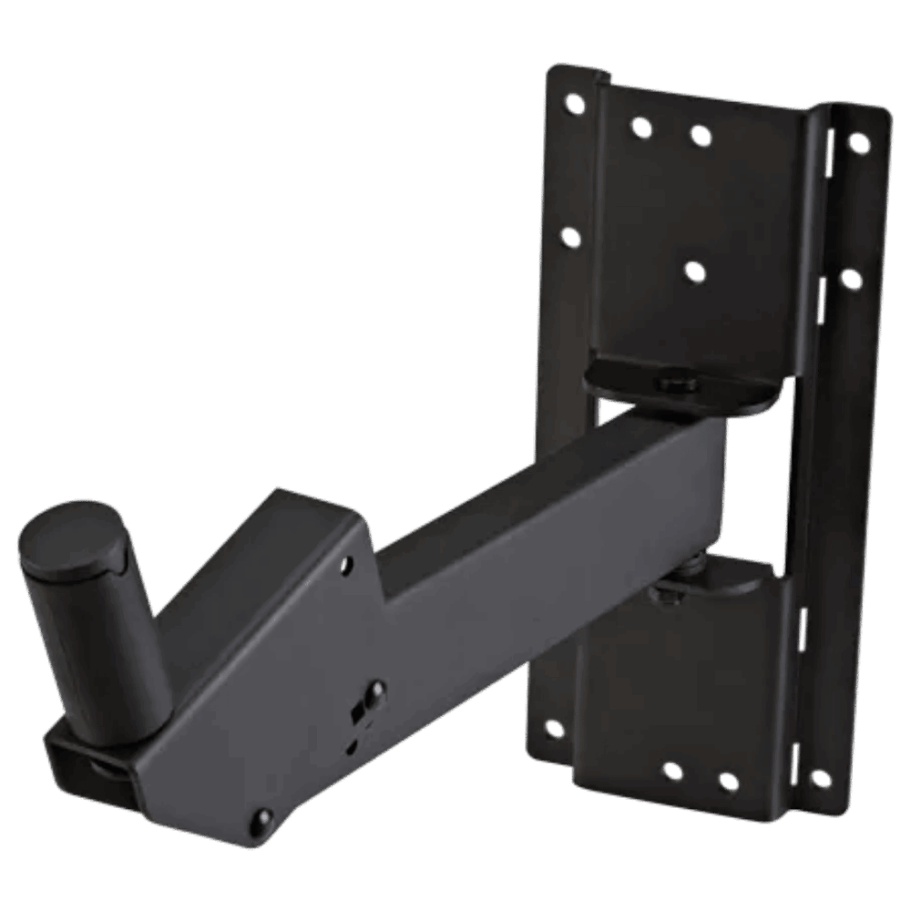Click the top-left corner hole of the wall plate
(575, 104)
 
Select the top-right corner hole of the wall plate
(857, 142)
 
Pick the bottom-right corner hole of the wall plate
(819, 779)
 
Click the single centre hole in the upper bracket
(695, 271)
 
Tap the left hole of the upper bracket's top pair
(641, 128)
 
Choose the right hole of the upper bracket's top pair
(700, 137)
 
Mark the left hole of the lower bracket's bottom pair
(672, 772)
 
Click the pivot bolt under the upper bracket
(676, 383)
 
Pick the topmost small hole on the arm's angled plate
(348, 567)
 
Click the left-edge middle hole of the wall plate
(570, 239)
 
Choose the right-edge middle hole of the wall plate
(850, 279)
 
